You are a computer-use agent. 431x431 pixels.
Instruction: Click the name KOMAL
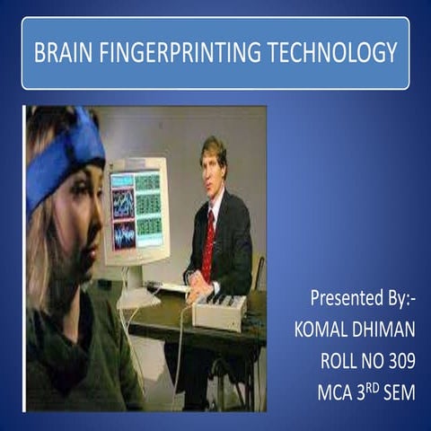point(324,330)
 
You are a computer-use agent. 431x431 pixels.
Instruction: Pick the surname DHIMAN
point(387,330)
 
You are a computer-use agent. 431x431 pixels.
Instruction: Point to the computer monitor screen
point(136,209)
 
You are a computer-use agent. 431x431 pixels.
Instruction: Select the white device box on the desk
point(220,311)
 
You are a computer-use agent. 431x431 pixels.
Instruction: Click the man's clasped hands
point(195,291)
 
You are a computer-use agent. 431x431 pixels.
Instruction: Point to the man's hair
point(214,146)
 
